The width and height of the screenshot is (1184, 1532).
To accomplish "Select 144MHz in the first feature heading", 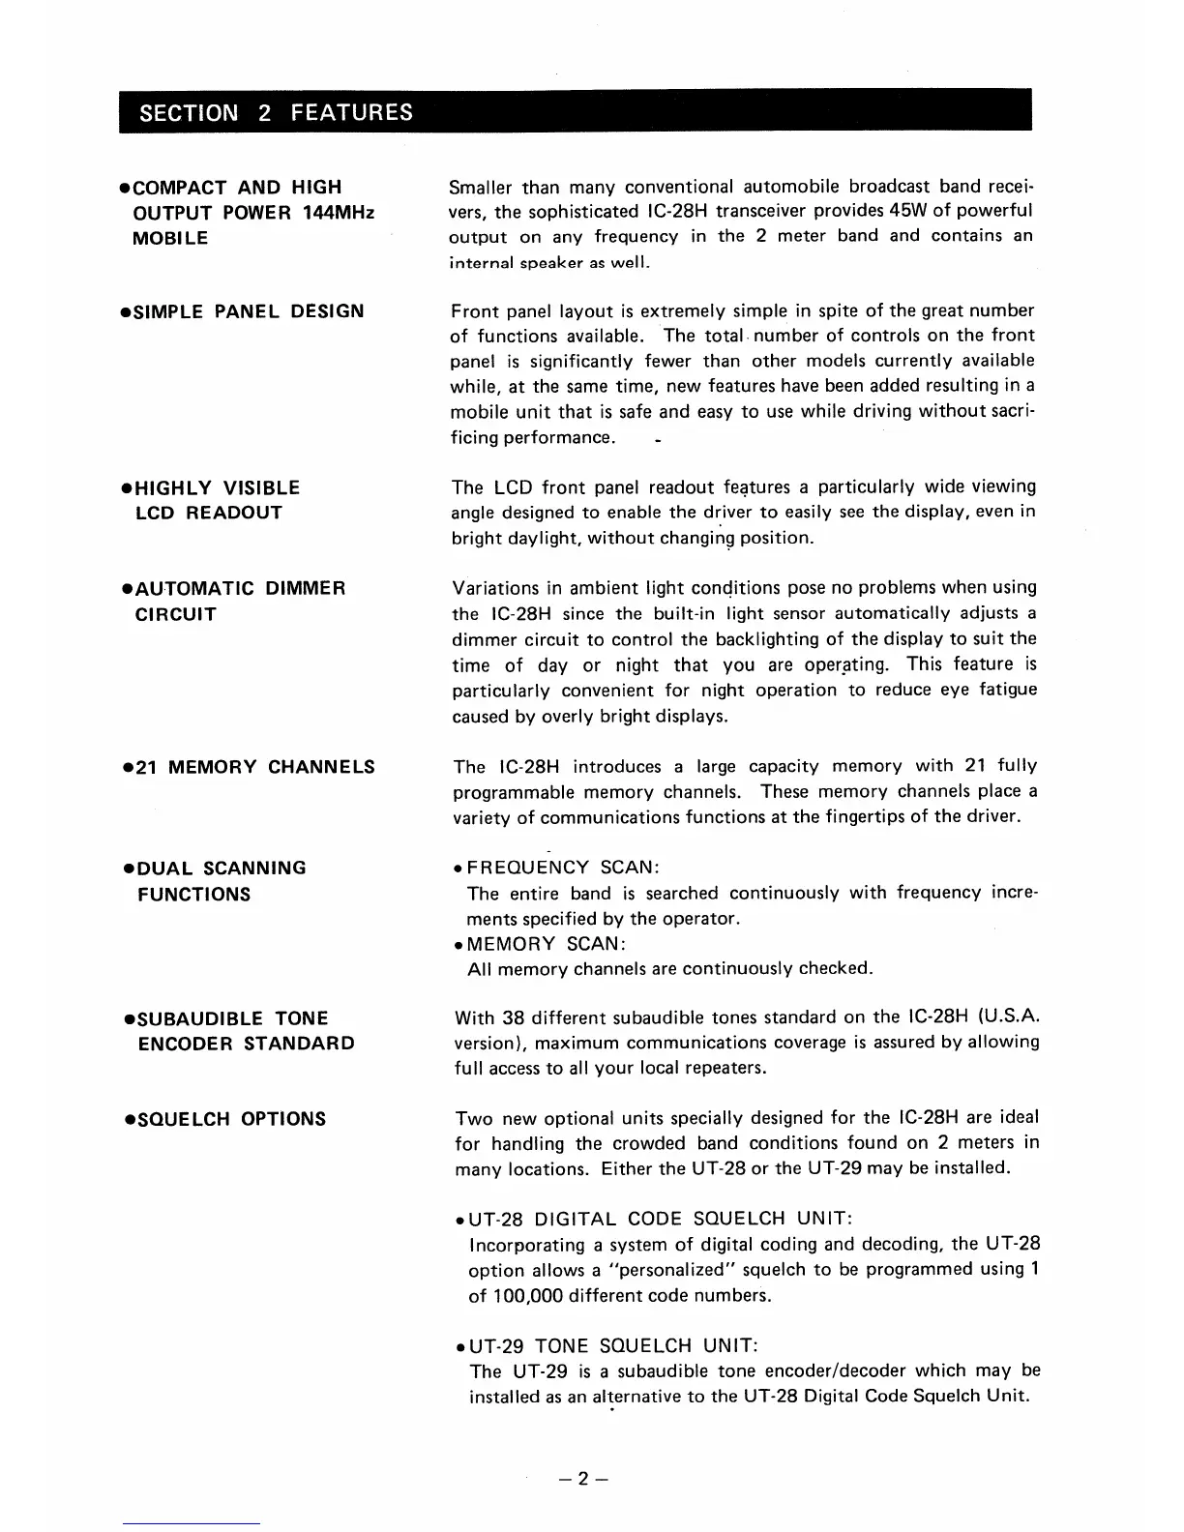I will [338, 213].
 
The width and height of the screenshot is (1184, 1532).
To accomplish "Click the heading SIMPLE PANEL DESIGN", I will [248, 311].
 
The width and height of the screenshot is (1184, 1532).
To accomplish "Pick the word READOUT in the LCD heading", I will [234, 513].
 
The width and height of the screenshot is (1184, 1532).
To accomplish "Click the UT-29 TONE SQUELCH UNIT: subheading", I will [613, 1345].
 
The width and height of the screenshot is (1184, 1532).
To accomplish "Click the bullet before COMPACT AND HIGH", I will [126, 188].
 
